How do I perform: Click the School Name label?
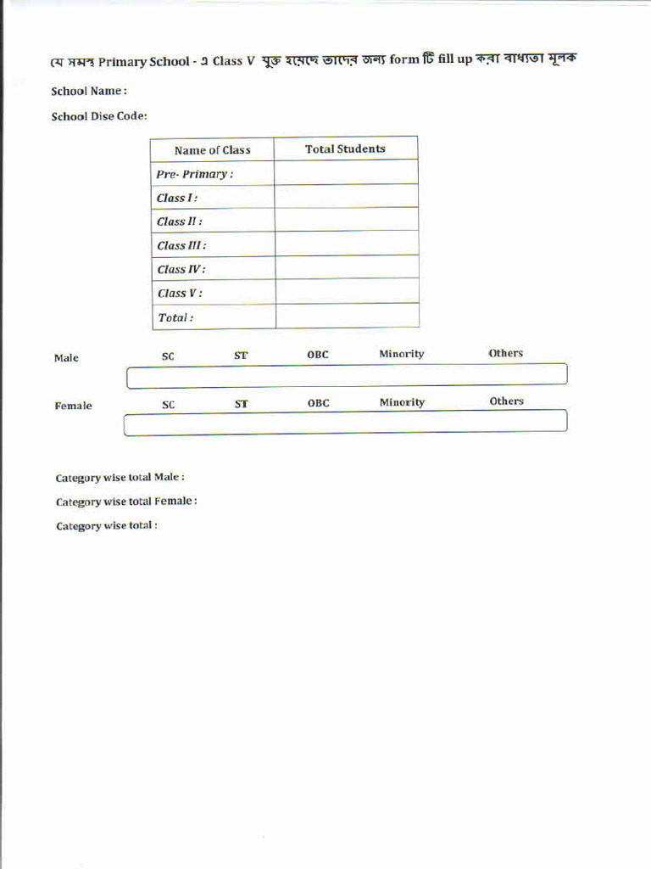[88, 91]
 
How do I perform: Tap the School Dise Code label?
[99, 116]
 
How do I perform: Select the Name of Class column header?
[212, 150]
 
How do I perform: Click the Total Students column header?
[345, 149]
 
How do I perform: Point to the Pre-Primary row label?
[194, 174]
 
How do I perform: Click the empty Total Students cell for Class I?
[346, 197]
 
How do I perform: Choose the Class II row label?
[179, 221]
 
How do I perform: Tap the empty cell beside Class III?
[346, 244]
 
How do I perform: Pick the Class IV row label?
[181, 269]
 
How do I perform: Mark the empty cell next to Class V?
[347, 292]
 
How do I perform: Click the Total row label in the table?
[175, 317]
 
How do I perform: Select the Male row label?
[66, 358]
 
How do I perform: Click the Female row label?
[73, 406]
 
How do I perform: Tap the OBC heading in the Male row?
[318, 355]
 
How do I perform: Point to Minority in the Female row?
[402, 402]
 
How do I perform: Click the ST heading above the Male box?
[241, 356]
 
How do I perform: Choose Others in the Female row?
[506, 401]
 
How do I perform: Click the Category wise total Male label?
[120, 478]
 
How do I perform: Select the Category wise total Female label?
[126, 502]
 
